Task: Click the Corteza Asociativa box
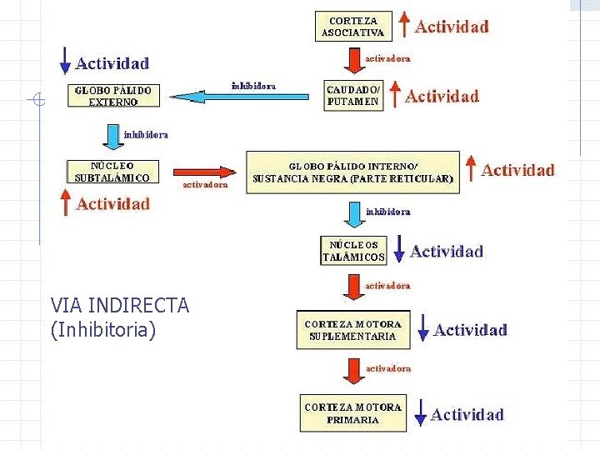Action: (352, 27)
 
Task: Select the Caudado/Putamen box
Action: (352, 95)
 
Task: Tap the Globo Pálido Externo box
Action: (114, 95)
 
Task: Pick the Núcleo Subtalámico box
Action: (112, 171)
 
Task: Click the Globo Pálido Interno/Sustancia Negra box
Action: (353, 172)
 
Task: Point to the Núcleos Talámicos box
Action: (354, 251)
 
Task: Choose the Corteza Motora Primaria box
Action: (353, 412)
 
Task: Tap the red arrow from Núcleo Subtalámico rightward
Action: (205, 171)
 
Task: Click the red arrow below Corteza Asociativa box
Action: (352, 60)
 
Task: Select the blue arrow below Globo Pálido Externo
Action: (112, 133)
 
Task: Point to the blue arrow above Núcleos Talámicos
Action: (353, 216)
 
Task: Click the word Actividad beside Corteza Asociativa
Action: (452, 26)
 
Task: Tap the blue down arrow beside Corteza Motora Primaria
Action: (420, 412)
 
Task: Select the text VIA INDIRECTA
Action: (120, 306)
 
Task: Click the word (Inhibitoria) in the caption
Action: (103, 330)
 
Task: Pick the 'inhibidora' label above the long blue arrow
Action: (253, 85)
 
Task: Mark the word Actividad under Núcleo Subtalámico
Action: (113, 204)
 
